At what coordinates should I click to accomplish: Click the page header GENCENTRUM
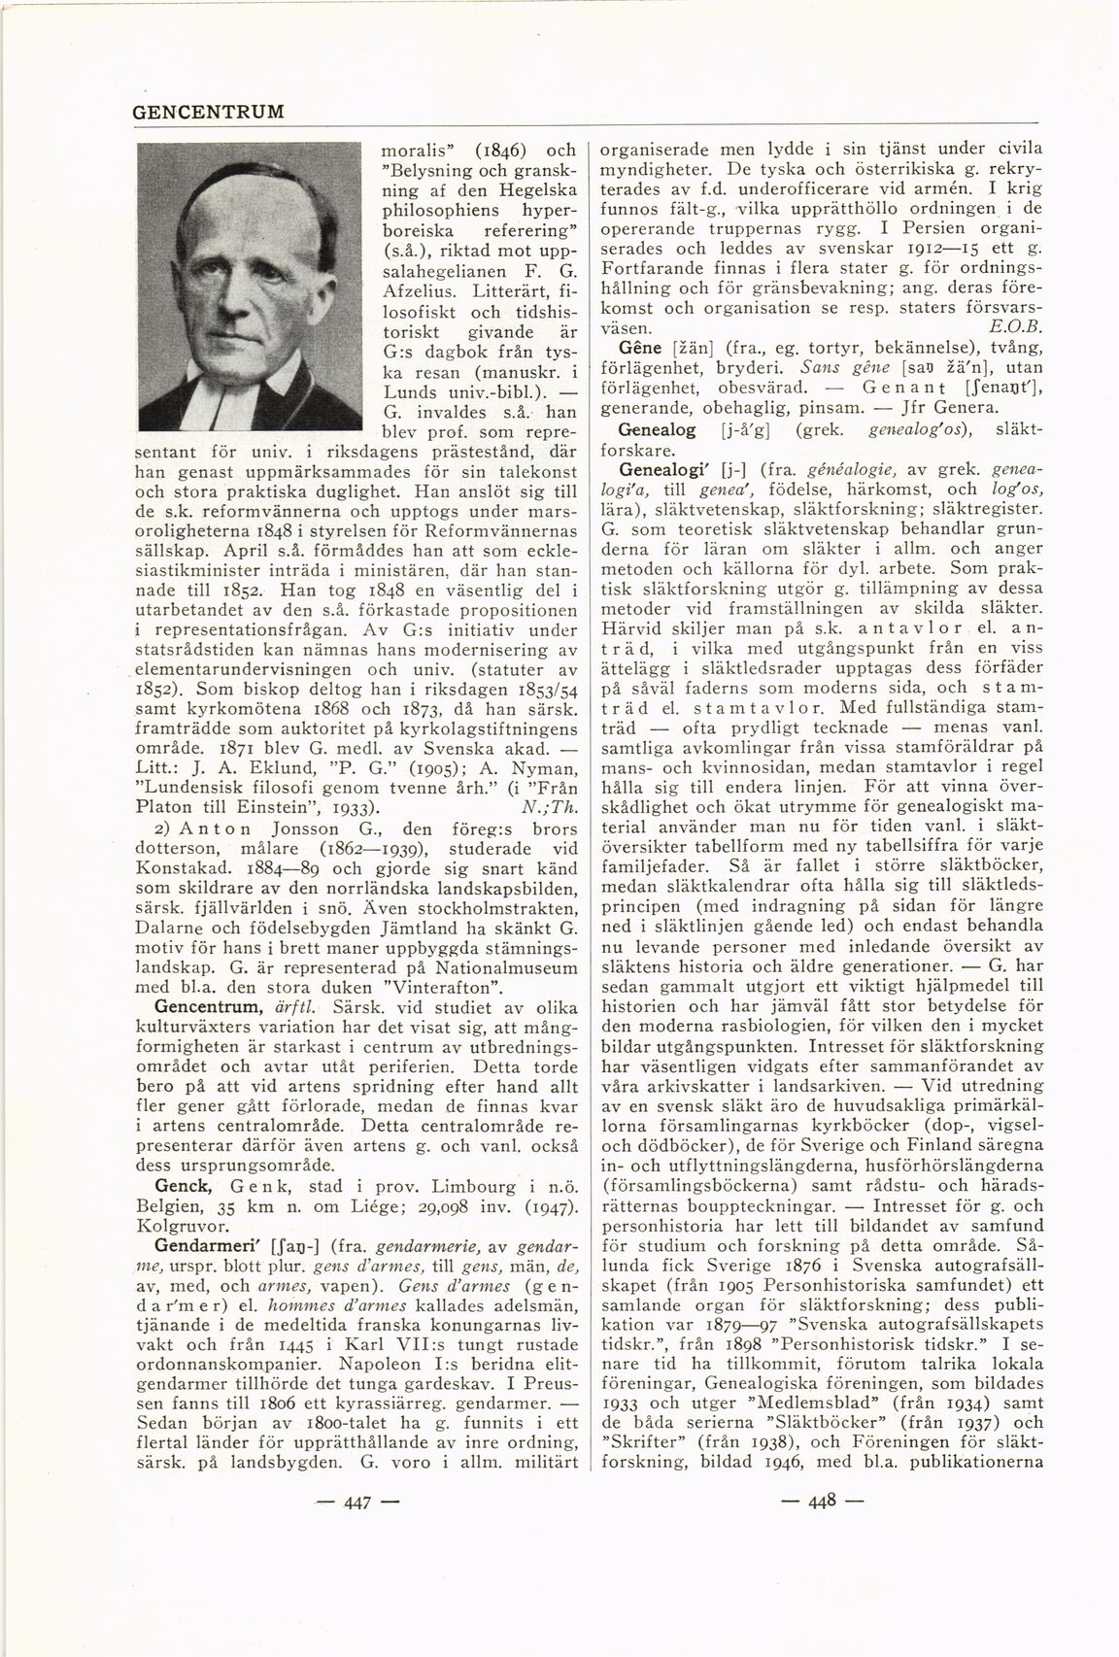coord(208,112)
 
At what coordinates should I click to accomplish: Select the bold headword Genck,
coord(179,1187)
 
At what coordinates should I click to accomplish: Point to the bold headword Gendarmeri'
coord(206,1245)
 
